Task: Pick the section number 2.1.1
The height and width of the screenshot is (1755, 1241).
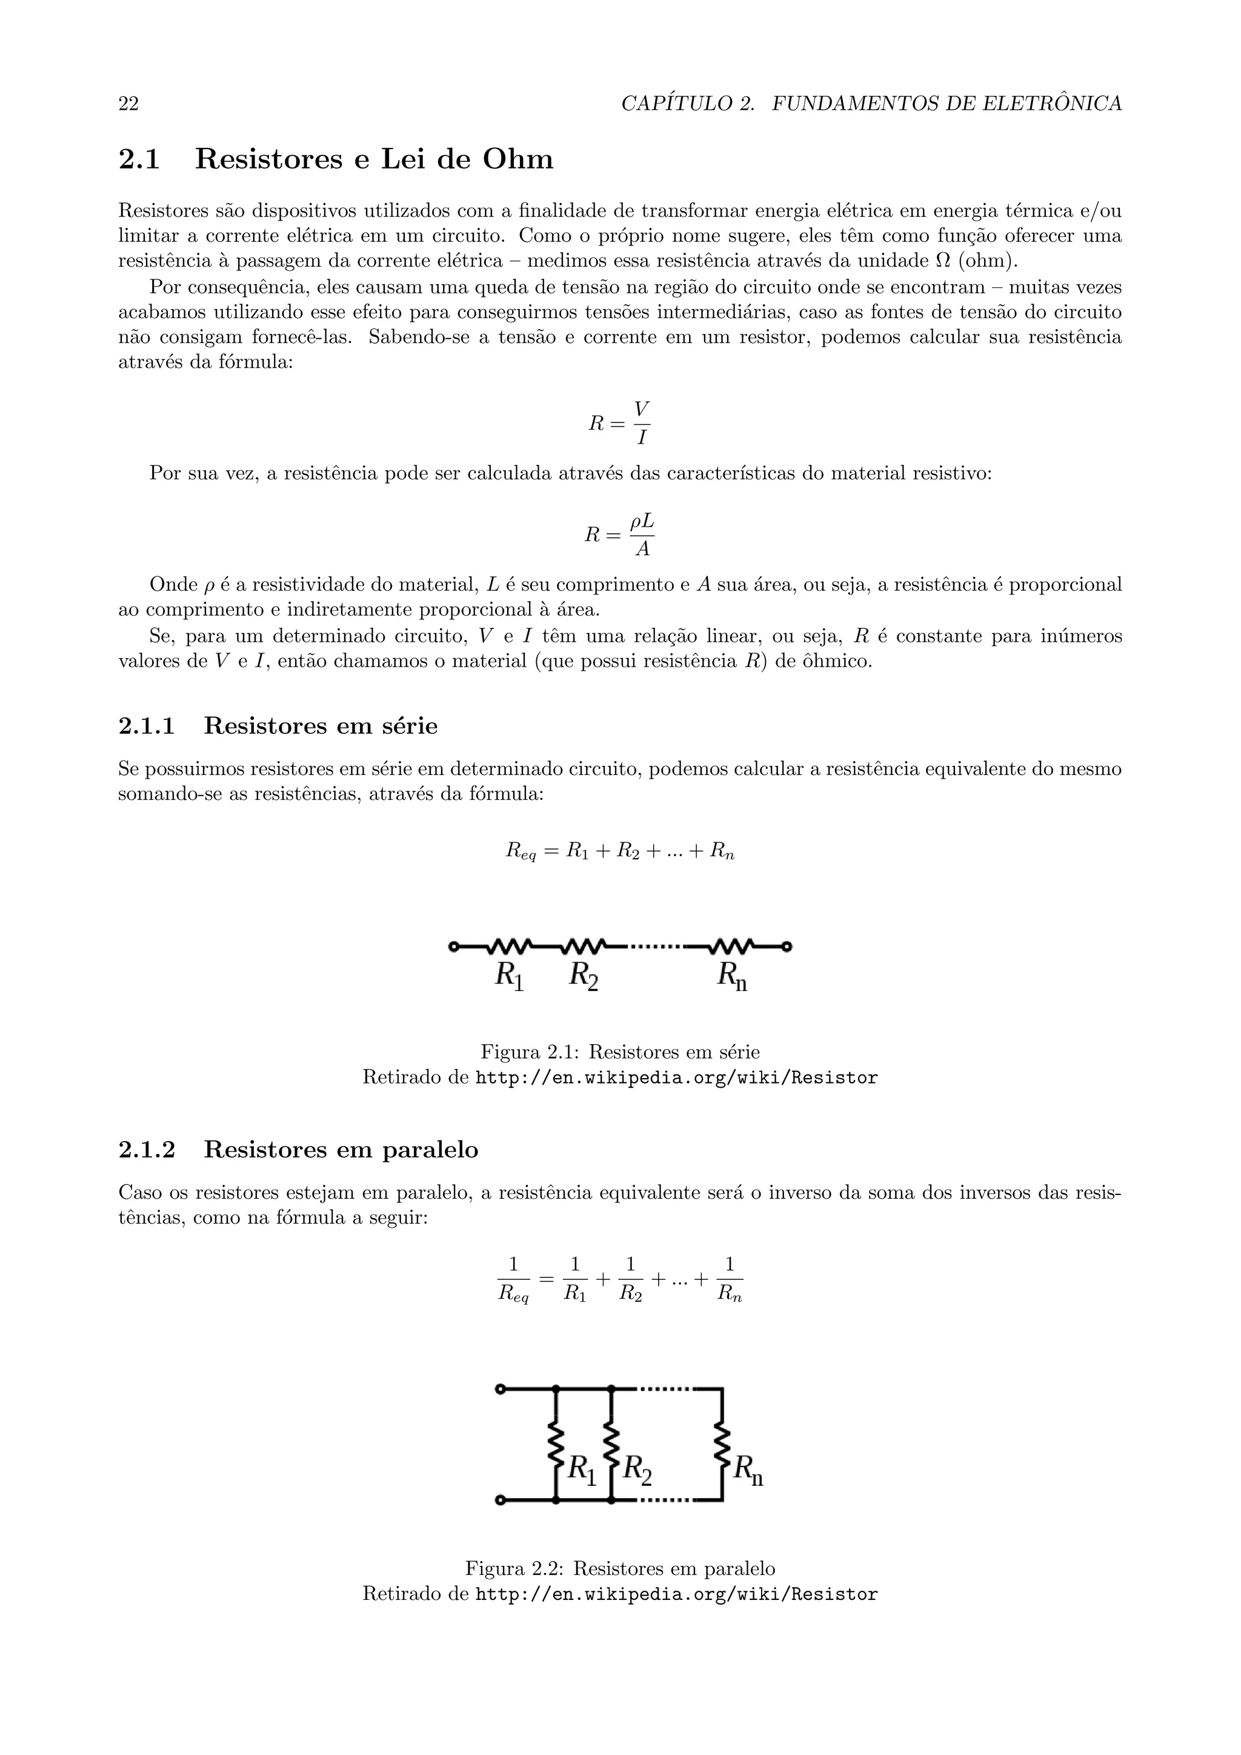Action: point(147,725)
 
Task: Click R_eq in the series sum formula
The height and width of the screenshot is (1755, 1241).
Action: point(521,851)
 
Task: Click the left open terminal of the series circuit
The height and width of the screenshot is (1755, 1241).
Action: point(453,947)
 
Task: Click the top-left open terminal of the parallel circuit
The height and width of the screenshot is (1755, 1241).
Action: point(500,1389)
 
